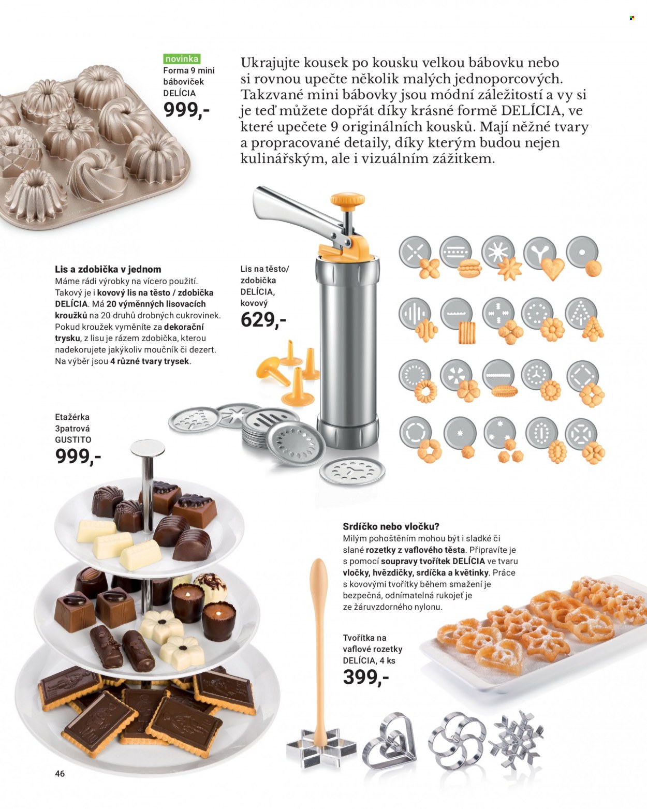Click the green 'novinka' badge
click(x=182, y=58)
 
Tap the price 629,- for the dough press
click(x=263, y=320)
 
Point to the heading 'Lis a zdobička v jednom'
click(x=108, y=269)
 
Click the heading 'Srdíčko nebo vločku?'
click(x=391, y=526)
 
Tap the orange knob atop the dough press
click(x=348, y=200)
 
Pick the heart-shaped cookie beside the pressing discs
click(x=553, y=269)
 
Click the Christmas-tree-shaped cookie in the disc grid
click(x=593, y=329)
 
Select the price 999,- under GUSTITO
click(x=78, y=456)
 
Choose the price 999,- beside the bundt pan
click(x=186, y=110)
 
